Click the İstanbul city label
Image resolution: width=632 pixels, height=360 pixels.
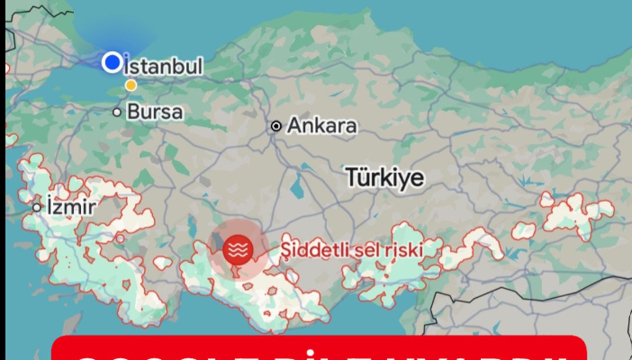pos(163,67)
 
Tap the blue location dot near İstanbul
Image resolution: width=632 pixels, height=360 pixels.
pos(112,62)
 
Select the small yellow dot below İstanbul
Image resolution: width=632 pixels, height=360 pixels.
pos(131,85)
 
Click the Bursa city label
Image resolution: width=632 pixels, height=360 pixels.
pos(155,112)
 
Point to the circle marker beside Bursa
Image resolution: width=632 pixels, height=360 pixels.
pos(117,112)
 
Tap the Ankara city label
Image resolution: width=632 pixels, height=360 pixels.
pos(321,126)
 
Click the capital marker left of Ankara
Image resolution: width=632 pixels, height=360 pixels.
pos(276,126)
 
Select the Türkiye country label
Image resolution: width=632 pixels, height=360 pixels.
pos(384,177)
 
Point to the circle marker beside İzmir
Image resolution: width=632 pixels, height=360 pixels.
pos(37,207)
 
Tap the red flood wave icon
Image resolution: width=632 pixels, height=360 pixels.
pos(238,247)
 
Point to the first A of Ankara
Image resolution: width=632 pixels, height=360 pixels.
pos(295,126)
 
